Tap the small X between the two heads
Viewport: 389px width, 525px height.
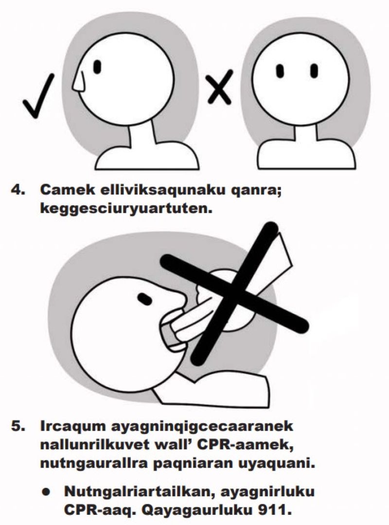(x=219, y=87)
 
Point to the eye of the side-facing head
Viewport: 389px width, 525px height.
(x=97, y=67)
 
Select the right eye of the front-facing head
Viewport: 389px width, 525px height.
(x=314, y=70)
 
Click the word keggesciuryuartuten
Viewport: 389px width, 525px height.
(x=126, y=210)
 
